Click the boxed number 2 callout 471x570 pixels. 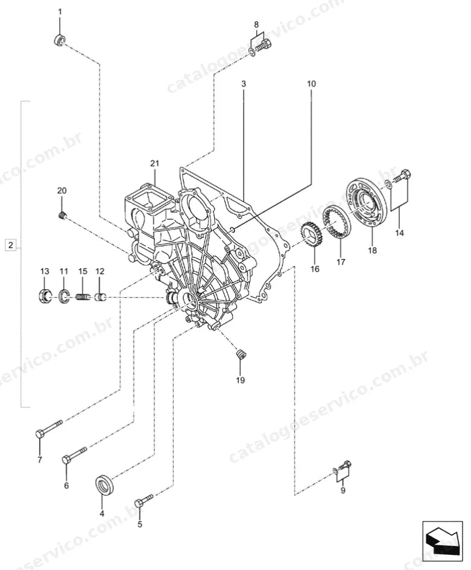coord(10,245)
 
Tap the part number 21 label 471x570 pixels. coord(155,163)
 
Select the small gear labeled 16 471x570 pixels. coord(311,235)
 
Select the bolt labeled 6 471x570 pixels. coord(75,454)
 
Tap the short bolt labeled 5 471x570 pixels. coord(144,500)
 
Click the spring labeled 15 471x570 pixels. coord(83,298)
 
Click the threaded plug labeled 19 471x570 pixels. coord(241,354)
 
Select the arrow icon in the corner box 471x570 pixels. coord(442,543)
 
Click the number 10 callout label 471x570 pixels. coord(311,84)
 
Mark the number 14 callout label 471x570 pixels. coord(399,233)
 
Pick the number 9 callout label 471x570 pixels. coord(343,490)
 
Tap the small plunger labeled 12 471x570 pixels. coord(100,298)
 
